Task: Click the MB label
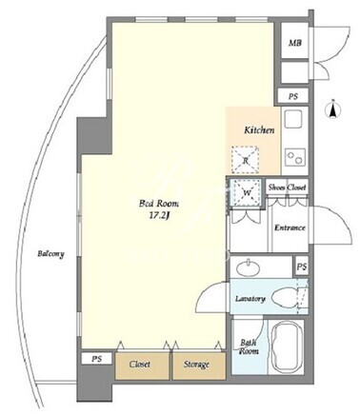tap(294, 43)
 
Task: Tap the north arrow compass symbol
tap(333, 109)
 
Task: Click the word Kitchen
tap(259, 130)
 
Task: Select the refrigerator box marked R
tap(245, 160)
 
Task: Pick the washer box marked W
tap(247, 192)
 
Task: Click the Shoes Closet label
tap(288, 188)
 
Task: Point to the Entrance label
tap(290, 227)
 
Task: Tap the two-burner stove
tap(294, 157)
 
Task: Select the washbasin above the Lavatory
tap(249, 267)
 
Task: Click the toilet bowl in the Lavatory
tap(286, 298)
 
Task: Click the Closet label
tap(140, 365)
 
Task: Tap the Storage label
tap(196, 365)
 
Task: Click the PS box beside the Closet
tap(97, 359)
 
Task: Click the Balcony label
tap(50, 254)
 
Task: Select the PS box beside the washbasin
tap(302, 267)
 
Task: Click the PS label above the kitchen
tap(293, 96)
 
